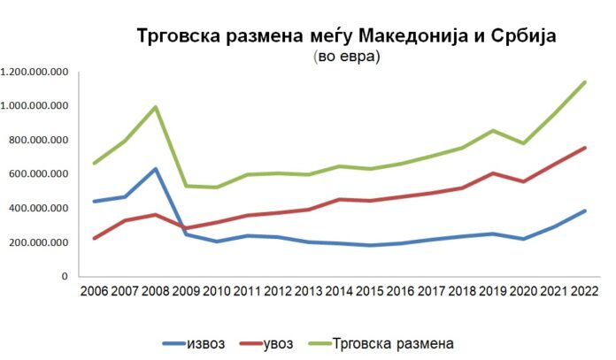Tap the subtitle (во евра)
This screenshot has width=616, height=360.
click(346, 57)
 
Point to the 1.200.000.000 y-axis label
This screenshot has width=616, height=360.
click(35, 72)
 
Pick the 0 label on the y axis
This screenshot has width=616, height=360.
click(64, 277)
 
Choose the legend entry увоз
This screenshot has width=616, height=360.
click(284, 342)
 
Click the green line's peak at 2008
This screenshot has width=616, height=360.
click(156, 107)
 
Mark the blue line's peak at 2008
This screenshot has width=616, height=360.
click(156, 169)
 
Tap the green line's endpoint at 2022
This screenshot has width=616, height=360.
click(584, 82)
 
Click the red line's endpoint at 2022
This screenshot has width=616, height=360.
click(584, 148)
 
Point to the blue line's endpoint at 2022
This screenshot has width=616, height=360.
click(584, 211)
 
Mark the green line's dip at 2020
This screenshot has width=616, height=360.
click(523, 143)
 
